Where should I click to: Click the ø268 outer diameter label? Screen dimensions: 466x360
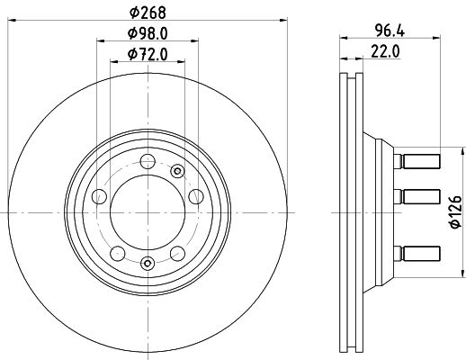coord(148,13)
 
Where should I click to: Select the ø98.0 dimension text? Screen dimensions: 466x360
coord(148,33)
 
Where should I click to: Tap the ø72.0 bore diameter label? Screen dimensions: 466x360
coord(148,55)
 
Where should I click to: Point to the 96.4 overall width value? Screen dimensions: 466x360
coord(390,31)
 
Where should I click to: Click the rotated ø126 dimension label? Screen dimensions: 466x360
coord(456,211)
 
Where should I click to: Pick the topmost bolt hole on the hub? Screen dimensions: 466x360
coord(148,161)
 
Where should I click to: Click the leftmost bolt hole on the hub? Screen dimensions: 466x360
coord(99,196)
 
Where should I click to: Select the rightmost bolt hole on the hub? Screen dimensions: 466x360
coord(196,196)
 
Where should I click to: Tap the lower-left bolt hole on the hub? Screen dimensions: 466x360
coord(118,254)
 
